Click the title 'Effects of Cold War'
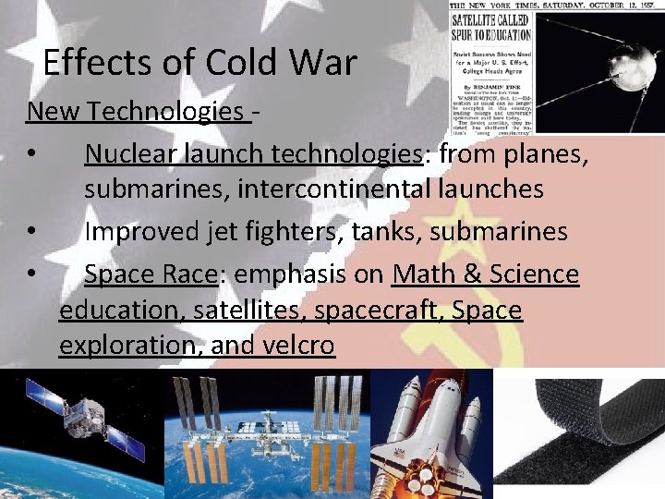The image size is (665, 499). [x=199, y=63]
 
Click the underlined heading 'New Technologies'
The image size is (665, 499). [x=135, y=112]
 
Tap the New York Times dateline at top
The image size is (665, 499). [x=554, y=6]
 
